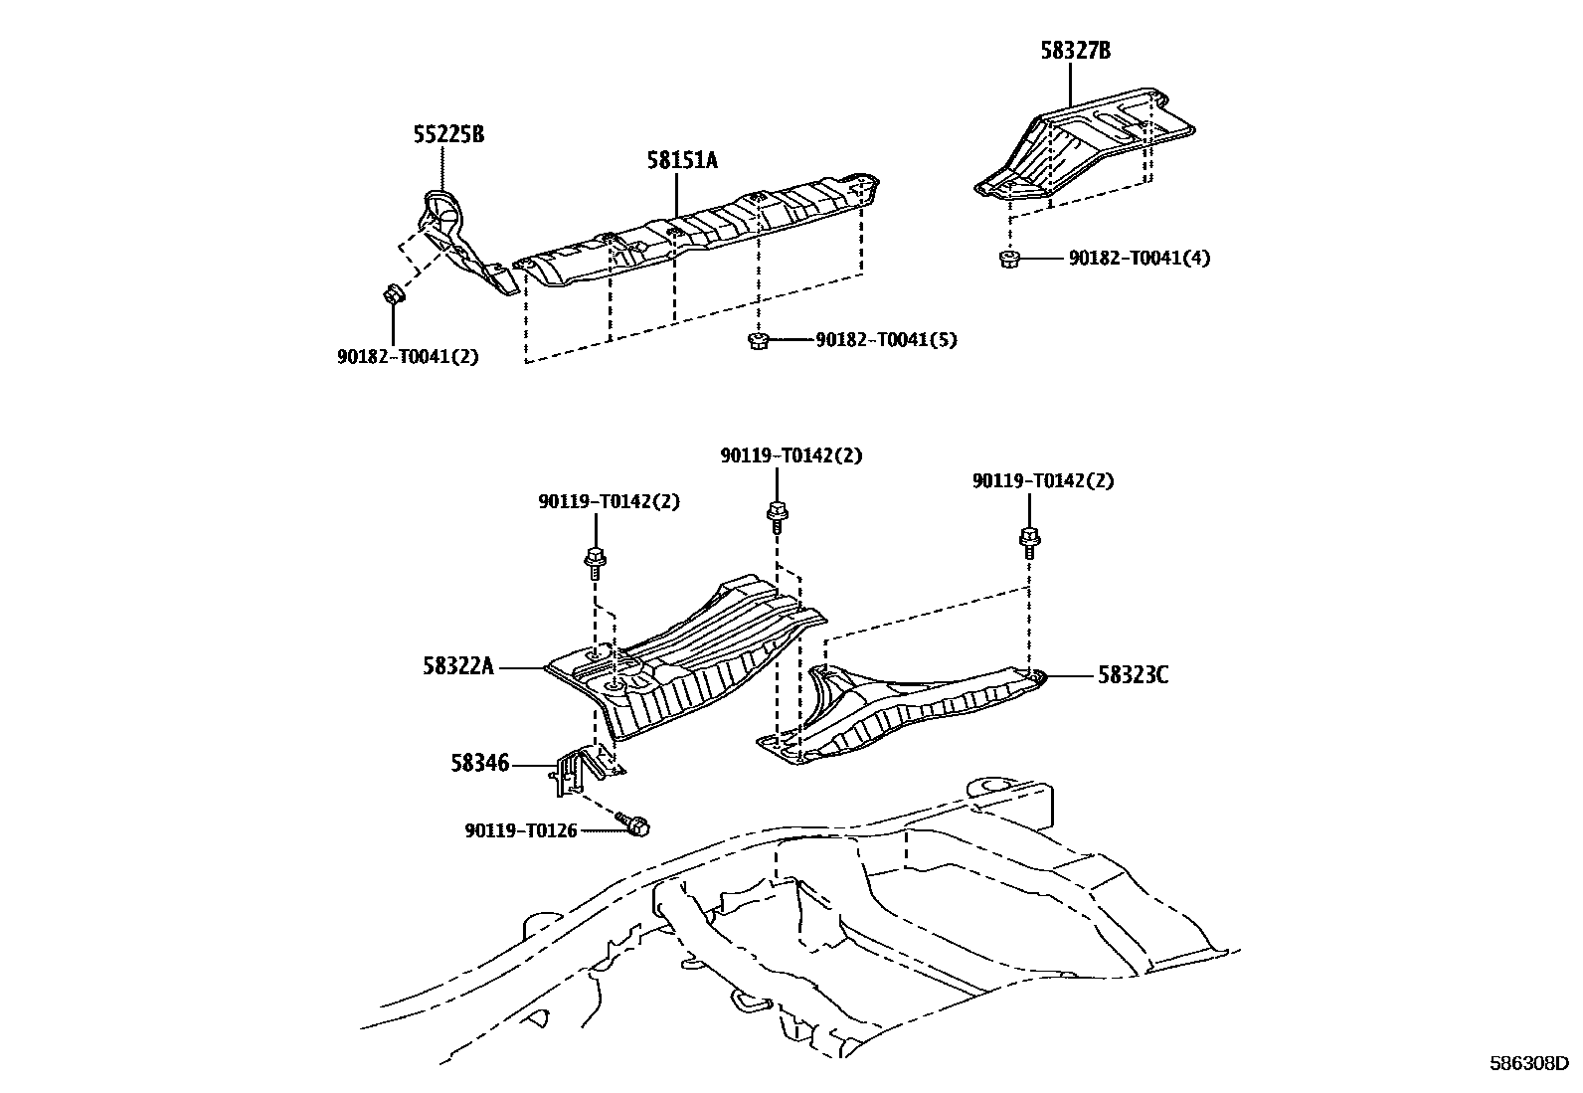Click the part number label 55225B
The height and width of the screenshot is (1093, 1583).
[448, 134]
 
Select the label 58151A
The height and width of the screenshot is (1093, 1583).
[681, 159]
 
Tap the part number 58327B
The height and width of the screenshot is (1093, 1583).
[1075, 50]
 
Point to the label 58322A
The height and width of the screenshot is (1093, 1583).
[457, 667]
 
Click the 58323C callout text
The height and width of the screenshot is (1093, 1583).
[1133, 675]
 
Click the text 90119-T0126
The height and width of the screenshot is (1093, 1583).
[520, 829]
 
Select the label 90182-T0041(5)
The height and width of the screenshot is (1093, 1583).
[886, 340]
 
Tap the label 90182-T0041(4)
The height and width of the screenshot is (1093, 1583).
[1140, 259]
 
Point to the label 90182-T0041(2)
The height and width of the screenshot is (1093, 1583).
[408, 356]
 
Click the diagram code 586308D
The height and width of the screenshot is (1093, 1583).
[1527, 1064]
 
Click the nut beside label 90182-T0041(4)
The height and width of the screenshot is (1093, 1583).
[1008, 260]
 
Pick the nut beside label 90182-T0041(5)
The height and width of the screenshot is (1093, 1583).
[757, 341]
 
